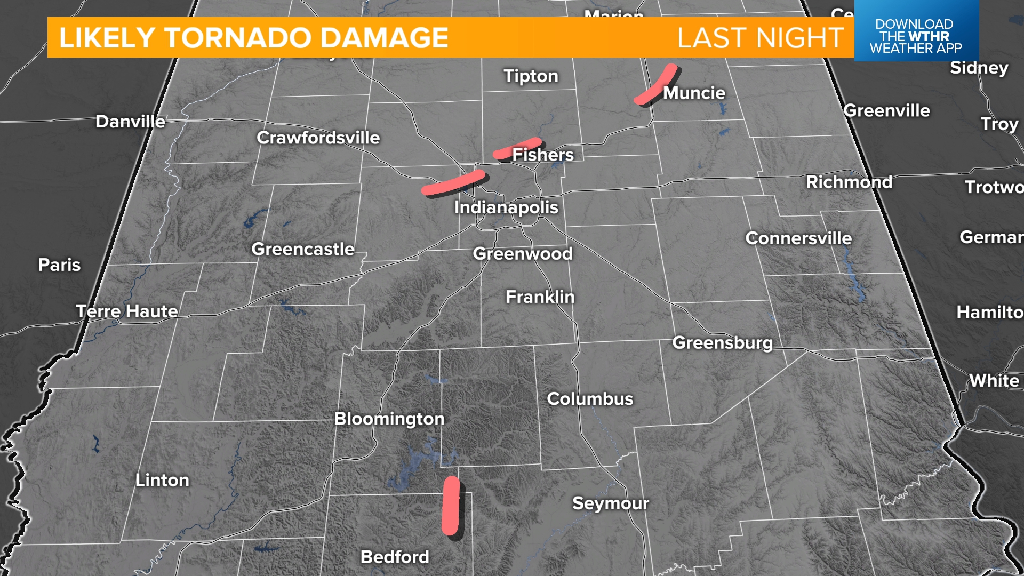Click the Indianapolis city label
(506, 207)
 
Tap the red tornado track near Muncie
(655, 84)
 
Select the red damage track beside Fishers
(516, 148)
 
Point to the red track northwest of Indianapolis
(453, 182)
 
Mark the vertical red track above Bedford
(451, 506)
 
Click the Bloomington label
(389, 419)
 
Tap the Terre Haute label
(127, 311)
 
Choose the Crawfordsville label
(318, 138)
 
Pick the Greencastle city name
(303, 249)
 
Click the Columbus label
(590, 399)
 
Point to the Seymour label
(611, 503)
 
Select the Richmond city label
(849, 182)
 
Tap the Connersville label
(798, 238)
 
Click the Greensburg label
(722, 343)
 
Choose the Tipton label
(531, 76)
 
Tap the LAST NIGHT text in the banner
(760, 38)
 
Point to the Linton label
(162, 481)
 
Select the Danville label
(130, 122)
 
